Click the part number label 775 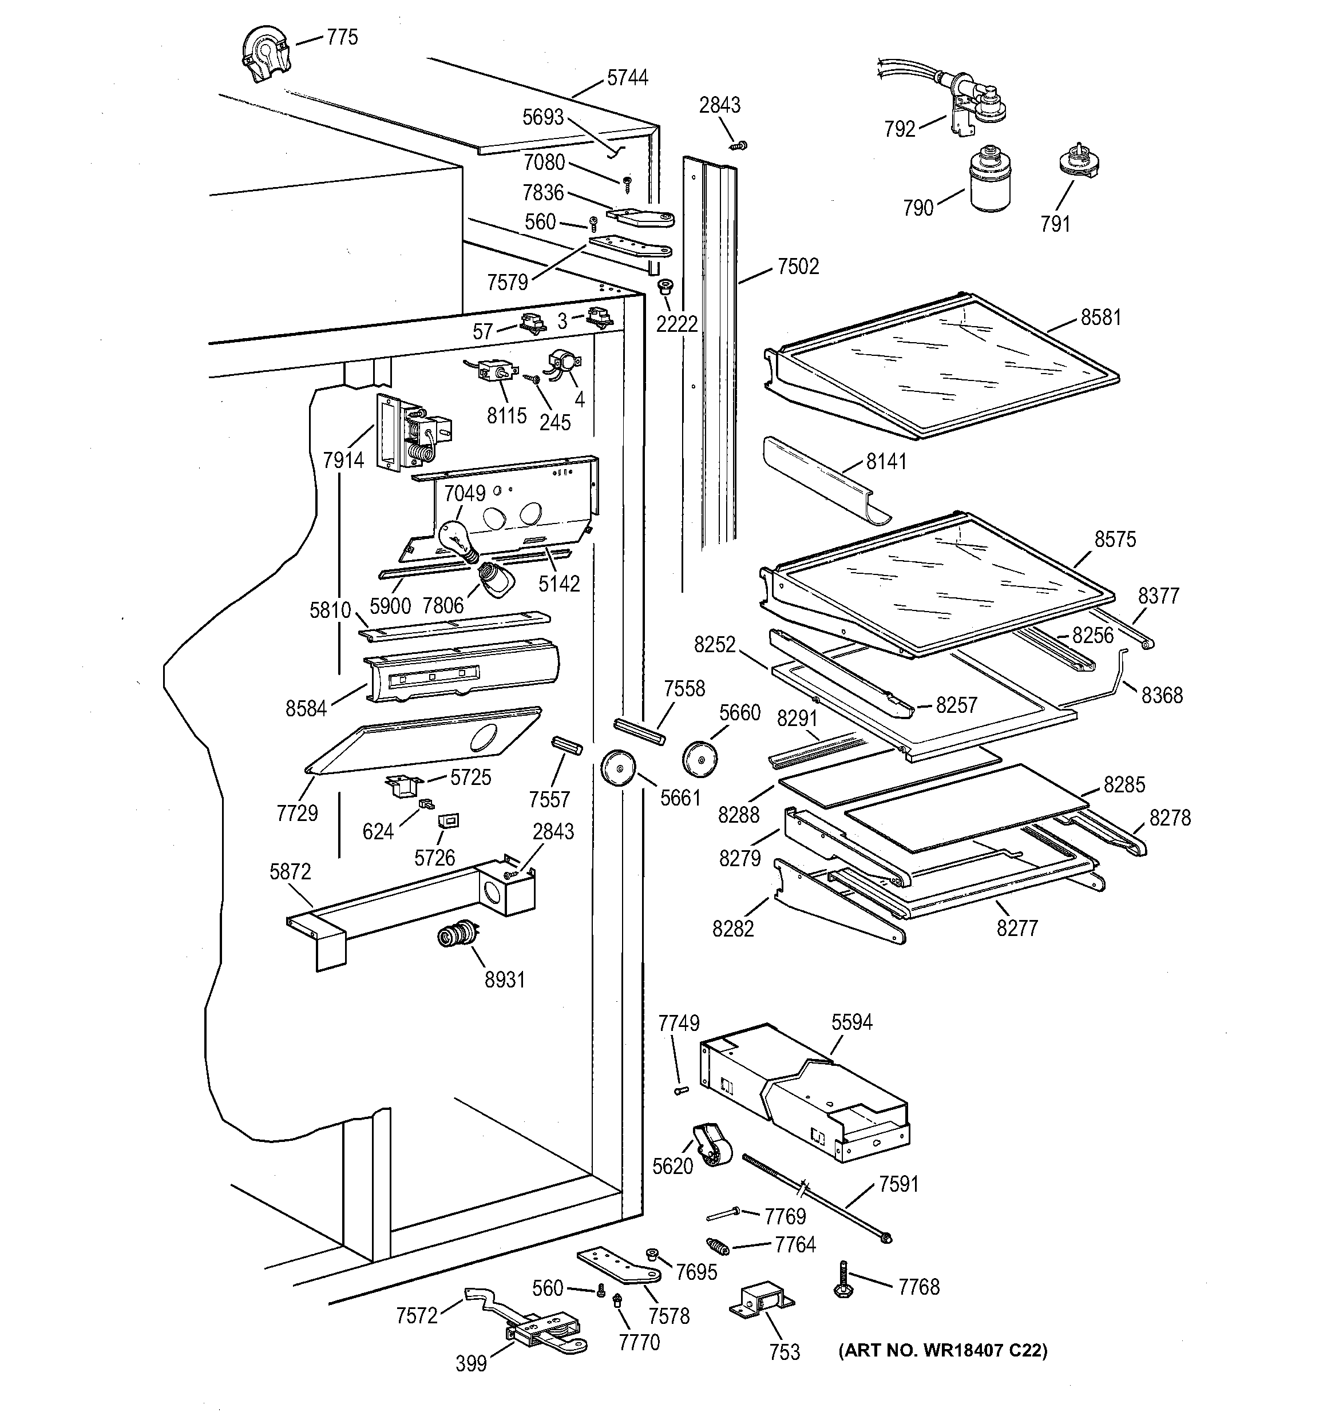[x=342, y=37]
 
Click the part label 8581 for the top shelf [x=1100, y=318]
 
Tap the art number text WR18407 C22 [x=942, y=1350]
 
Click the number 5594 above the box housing [x=851, y=1022]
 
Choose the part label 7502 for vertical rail [x=798, y=267]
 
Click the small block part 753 [x=761, y=1302]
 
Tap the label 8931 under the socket [x=505, y=980]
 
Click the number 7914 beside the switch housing [x=343, y=460]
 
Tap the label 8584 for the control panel [x=306, y=708]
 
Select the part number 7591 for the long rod [x=898, y=1184]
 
